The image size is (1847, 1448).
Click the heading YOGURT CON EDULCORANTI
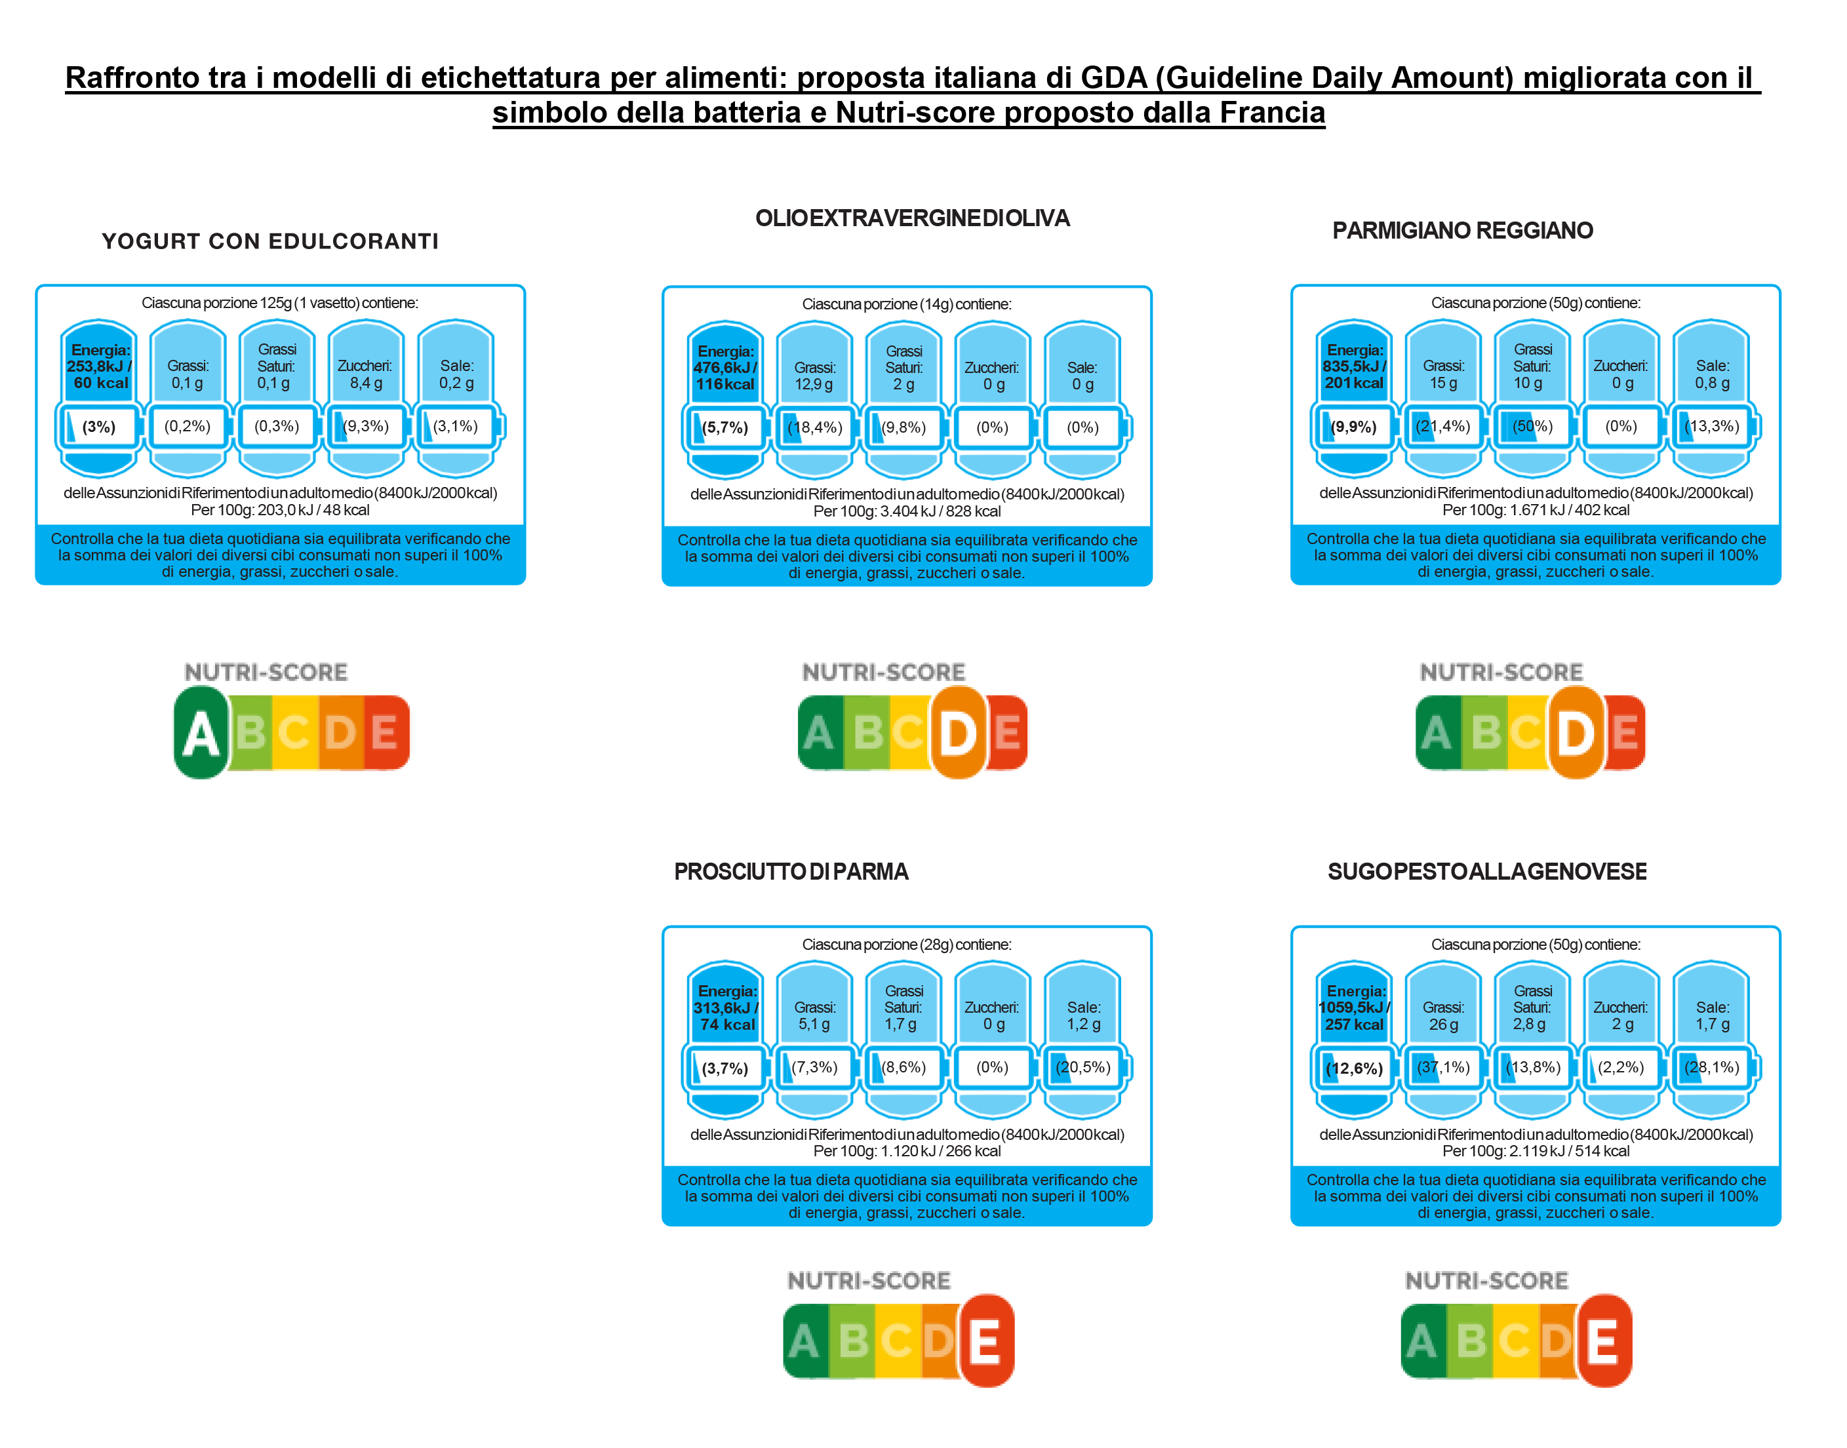tap(271, 242)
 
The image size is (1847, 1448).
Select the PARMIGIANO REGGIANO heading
tap(1462, 231)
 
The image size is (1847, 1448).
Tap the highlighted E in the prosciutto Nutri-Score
tap(985, 1341)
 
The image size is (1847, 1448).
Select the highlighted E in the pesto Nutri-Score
tap(1604, 1341)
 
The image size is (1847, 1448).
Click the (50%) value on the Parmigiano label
tap(1532, 427)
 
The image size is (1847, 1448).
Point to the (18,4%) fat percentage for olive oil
tap(815, 427)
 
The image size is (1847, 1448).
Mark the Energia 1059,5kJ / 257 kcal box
tap(1355, 1008)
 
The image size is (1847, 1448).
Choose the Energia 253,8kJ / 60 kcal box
tap(99, 366)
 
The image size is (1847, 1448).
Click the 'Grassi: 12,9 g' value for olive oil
tap(814, 376)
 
